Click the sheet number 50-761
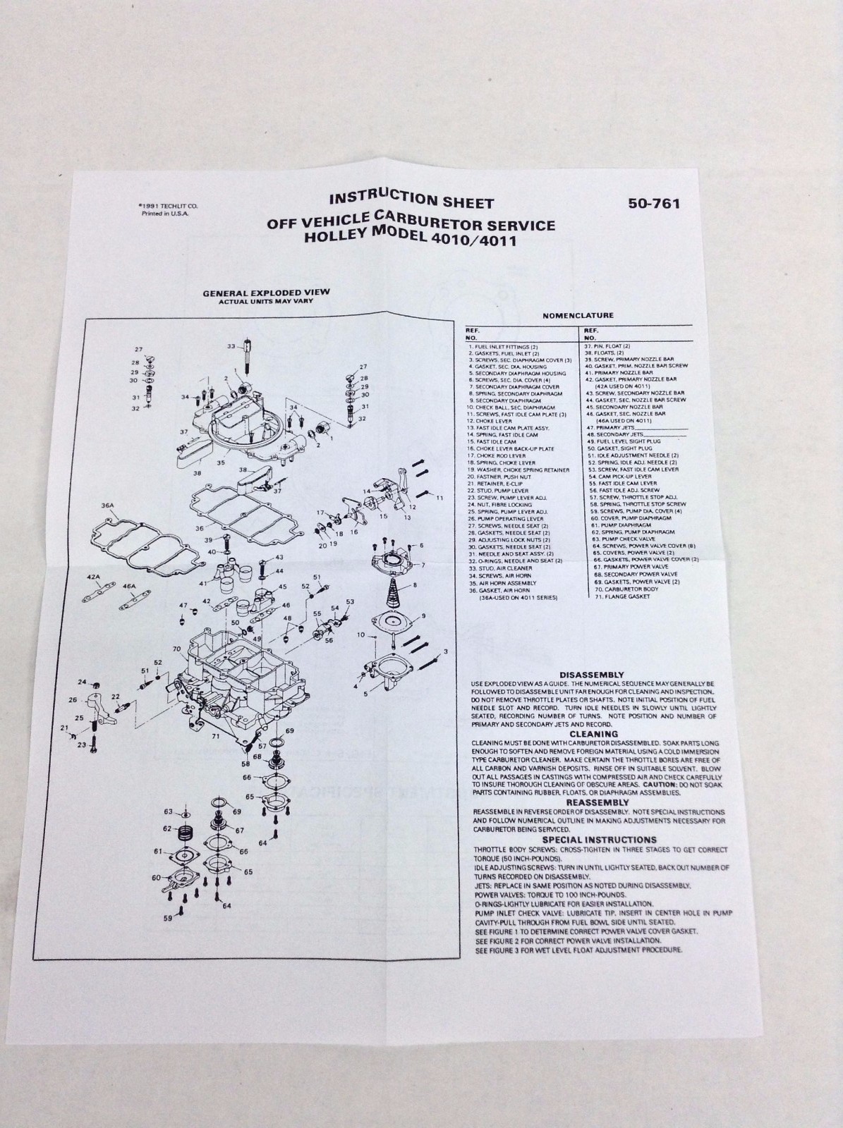click(654, 205)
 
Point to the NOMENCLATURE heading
click(578, 315)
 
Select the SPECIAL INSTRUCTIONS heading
click(599, 840)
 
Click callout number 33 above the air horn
click(231, 346)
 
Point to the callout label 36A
click(108, 505)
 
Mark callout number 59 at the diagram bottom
click(168, 919)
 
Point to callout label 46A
click(128, 586)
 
